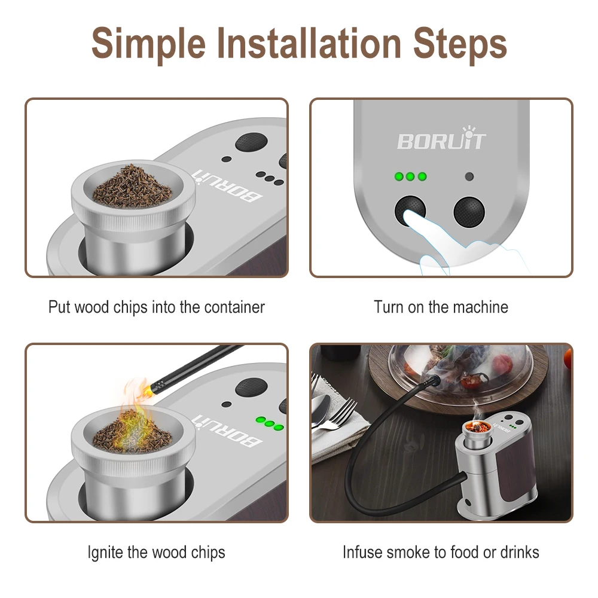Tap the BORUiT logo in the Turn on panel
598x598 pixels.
[441, 141]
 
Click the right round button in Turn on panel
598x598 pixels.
[468, 211]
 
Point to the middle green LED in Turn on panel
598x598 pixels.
[410, 177]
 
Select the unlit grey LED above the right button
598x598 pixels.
[469, 177]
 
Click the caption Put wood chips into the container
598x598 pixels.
[156, 307]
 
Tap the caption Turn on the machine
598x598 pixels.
[441, 307]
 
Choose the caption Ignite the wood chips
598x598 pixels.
[156, 552]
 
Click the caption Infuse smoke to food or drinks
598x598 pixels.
[441, 552]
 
